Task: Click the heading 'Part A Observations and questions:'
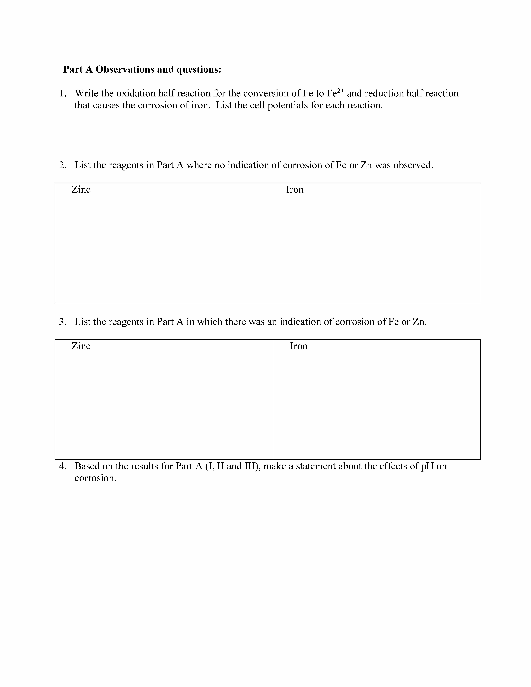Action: tap(142, 69)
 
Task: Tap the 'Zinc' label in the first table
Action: tap(81, 189)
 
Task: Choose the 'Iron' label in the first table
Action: tap(295, 189)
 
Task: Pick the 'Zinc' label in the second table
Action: tap(81, 346)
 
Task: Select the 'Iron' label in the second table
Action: tap(298, 346)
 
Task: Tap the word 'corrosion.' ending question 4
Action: tap(95, 478)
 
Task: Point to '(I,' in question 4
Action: tap(209, 466)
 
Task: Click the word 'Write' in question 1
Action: tap(86, 93)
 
